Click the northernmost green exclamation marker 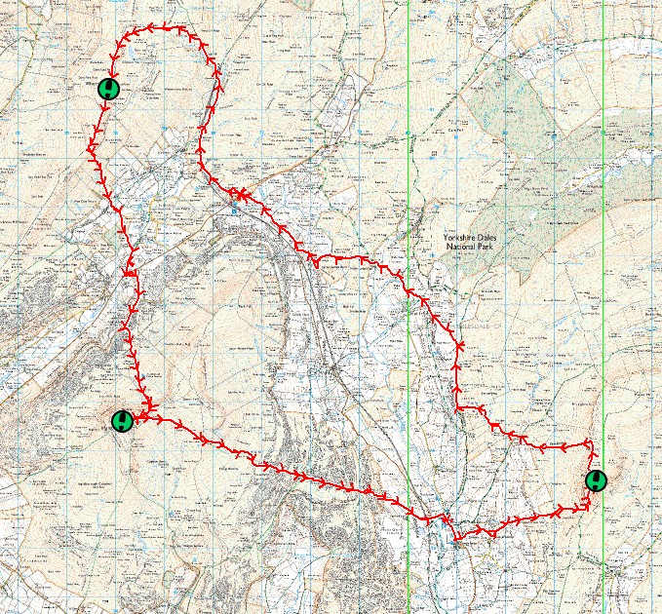coord(110,89)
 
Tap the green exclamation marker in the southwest coord(122,421)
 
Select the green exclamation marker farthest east coord(597,480)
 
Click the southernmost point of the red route coord(456,539)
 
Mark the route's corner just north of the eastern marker coord(589,443)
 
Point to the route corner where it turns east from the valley coord(458,407)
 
